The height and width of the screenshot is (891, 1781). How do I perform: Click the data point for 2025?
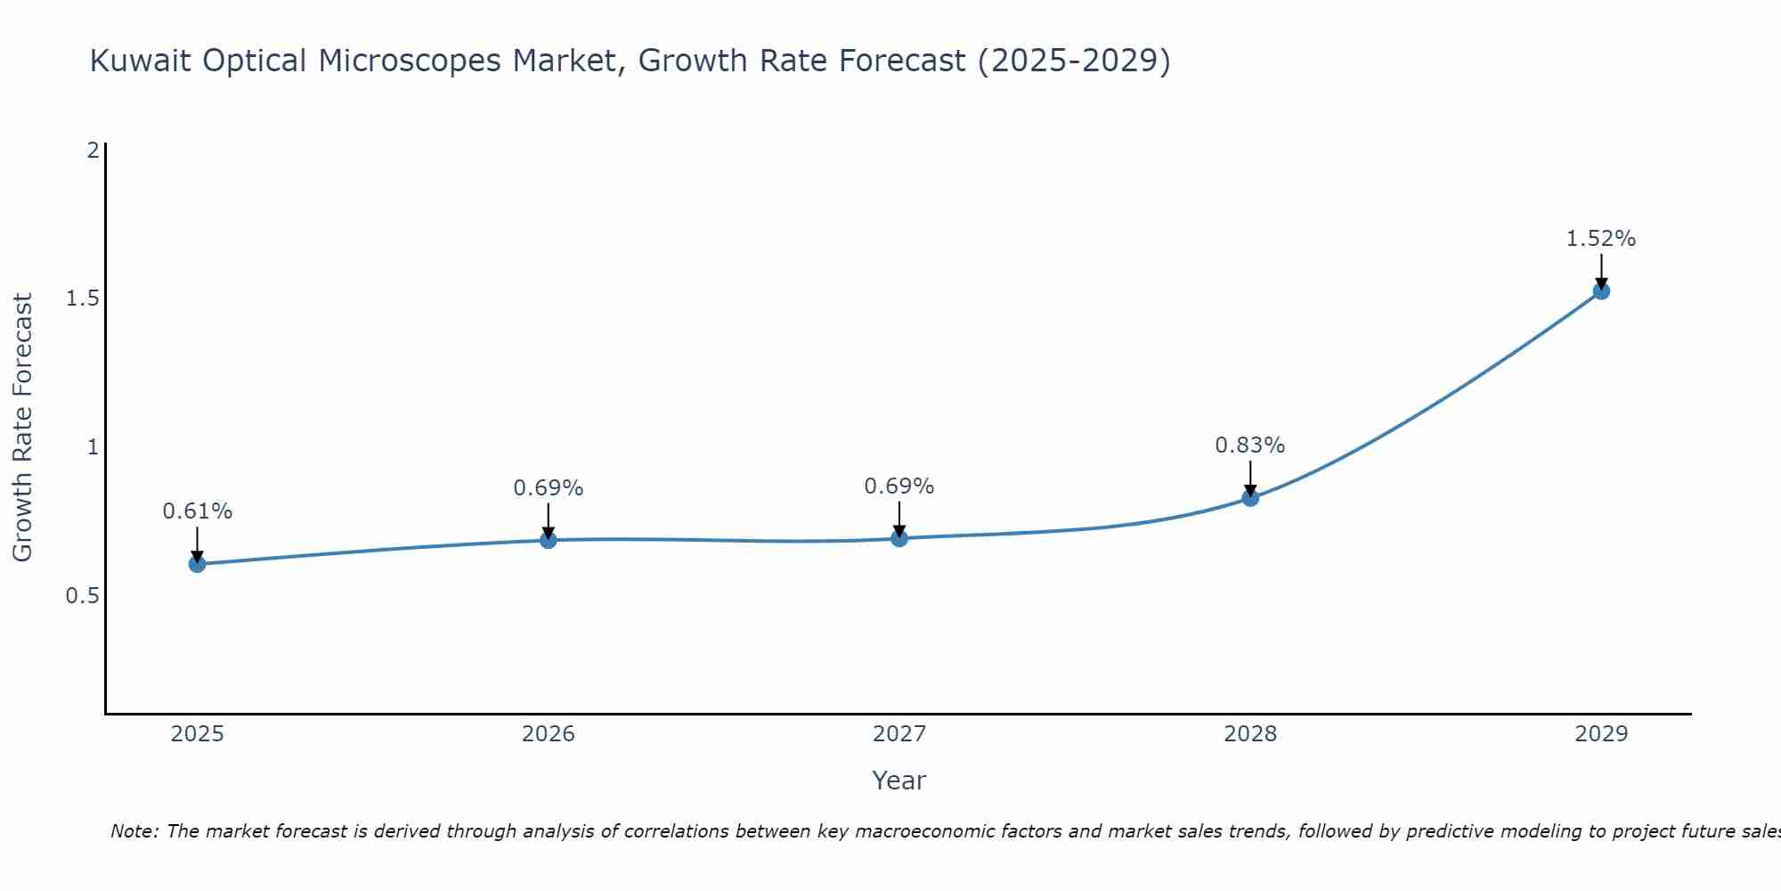[197, 564]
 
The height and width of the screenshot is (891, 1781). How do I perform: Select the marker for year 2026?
[548, 540]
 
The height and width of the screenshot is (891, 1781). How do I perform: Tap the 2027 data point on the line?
[899, 538]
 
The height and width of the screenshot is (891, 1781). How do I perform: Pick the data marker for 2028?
[1250, 497]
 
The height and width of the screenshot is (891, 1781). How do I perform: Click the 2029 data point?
[1601, 290]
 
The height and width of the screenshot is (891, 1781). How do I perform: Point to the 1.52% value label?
[1601, 239]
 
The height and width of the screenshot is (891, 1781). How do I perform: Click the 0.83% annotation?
[1250, 445]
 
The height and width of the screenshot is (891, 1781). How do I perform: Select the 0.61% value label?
[197, 511]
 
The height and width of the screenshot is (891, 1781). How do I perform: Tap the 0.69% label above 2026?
[548, 488]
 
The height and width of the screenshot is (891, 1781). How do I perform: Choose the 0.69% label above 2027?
[899, 486]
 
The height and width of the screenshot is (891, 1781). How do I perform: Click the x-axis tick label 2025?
[197, 734]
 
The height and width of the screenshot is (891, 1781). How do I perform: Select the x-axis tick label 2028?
[1250, 734]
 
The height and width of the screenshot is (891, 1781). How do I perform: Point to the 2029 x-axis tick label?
[1601, 734]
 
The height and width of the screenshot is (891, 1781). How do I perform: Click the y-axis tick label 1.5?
[82, 298]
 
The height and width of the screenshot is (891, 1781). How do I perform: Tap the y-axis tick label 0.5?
[82, 595]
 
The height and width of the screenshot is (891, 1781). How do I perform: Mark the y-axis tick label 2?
[93, 150]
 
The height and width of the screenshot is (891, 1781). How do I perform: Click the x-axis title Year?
[899, 781]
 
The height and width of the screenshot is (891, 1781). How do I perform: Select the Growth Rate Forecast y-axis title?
[22, 427]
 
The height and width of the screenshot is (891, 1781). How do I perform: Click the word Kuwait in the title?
[141, 61]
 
